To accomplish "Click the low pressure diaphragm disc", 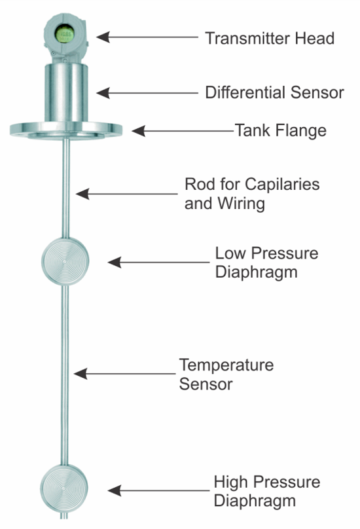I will [x=63, y=261].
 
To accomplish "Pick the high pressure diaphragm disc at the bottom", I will [x=63, y=487].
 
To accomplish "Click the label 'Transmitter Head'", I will [x=270, y=38].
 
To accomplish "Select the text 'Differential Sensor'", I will [x=274, y=92].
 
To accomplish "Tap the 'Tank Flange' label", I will [x=280, y=130].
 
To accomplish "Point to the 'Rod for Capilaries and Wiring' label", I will [x=251, y=194].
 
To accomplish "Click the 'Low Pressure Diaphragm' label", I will [x=266, y=262].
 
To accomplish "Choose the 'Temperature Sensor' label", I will [x=226, y=374].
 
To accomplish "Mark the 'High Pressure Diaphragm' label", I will [x=266, y=492].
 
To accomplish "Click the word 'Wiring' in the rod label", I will [x=241, y=204].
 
